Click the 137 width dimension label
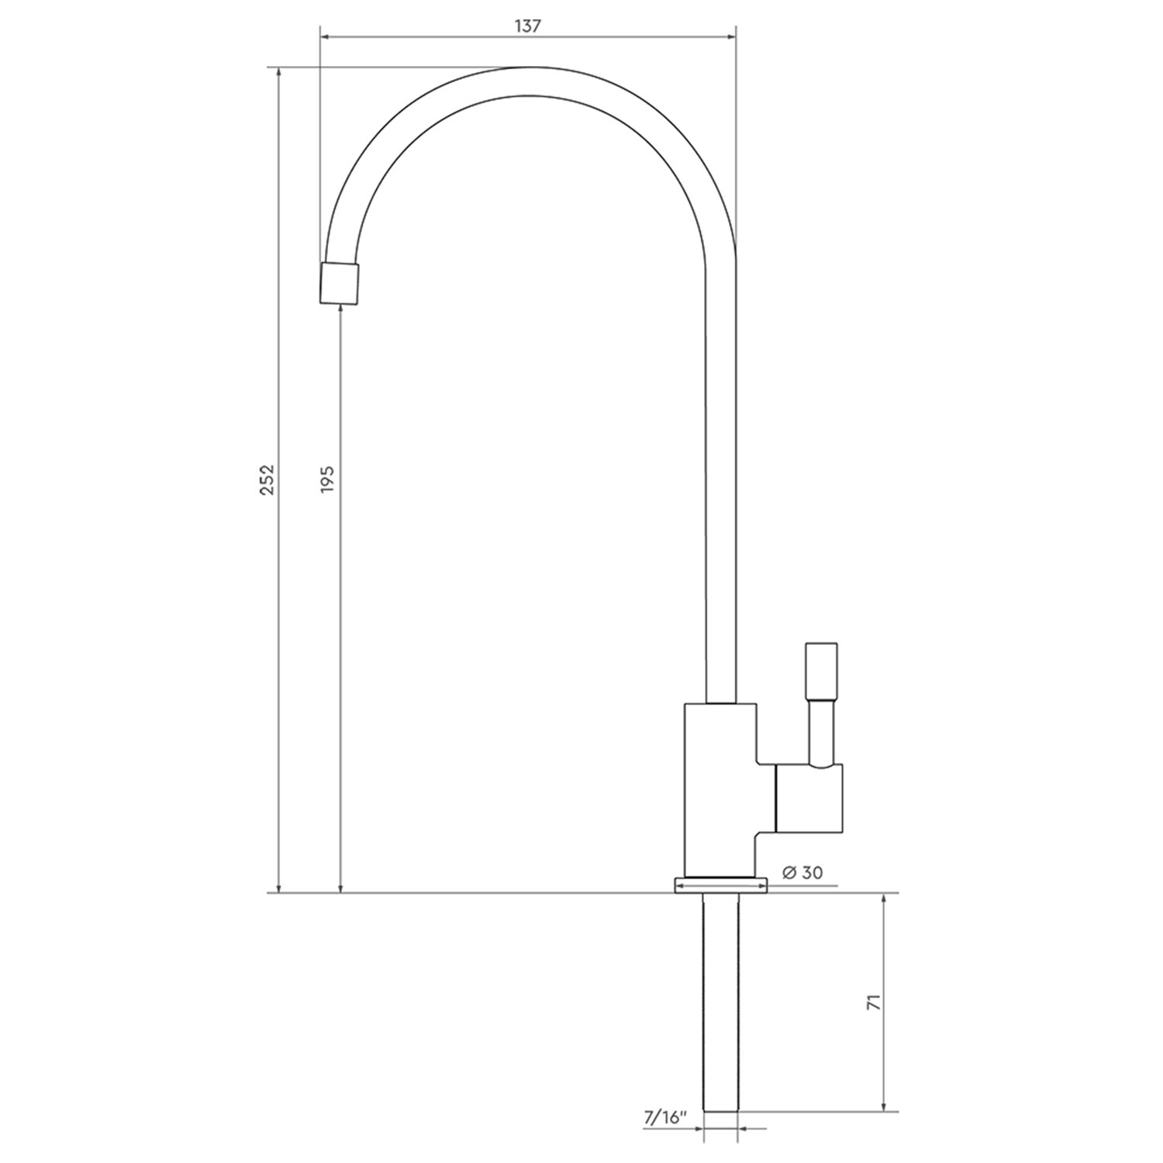click(527, 25)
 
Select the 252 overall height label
click(267, 480)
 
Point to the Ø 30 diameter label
click(802, 872)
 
